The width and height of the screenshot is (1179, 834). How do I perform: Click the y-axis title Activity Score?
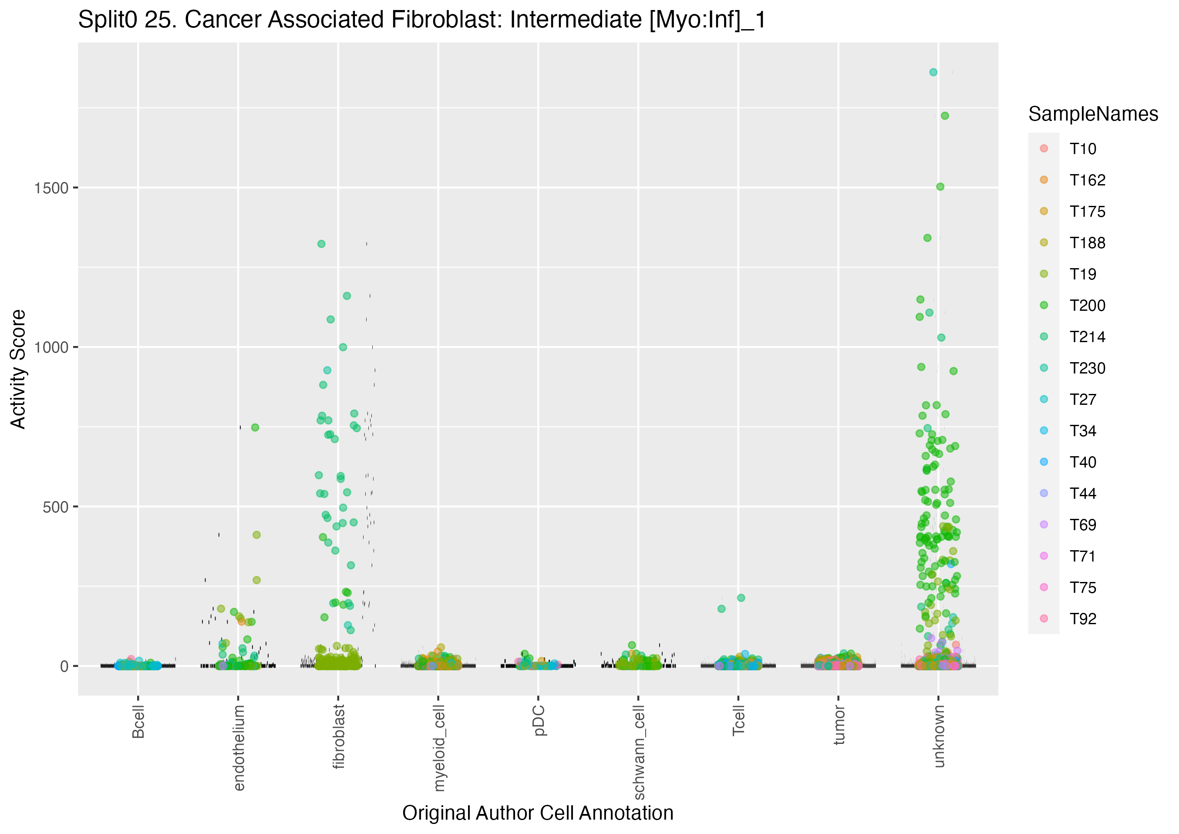point(18,369)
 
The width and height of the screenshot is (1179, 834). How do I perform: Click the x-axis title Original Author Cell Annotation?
point(538,813)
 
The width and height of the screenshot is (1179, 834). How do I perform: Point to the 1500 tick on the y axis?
point(51,188)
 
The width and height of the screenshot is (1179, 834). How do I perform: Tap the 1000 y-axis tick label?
point(51,348)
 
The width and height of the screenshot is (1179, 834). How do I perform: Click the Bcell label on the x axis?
point(138,722)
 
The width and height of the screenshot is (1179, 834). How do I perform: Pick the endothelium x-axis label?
point(239,747)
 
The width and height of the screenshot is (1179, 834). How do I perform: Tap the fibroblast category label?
point(339,736)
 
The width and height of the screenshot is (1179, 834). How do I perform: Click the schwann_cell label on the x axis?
point(639,752)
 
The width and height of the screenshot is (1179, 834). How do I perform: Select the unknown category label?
point(939,736)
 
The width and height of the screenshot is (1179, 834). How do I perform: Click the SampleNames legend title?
point(1093,114)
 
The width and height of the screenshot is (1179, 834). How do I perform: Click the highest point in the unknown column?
point(933,72)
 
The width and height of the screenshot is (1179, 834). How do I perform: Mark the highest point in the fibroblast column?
point(321,244)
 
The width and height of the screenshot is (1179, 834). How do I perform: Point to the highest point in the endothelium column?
point(255,427)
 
